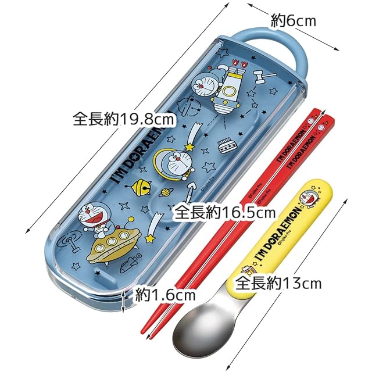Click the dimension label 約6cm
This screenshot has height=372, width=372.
click(x=294, y=22)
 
